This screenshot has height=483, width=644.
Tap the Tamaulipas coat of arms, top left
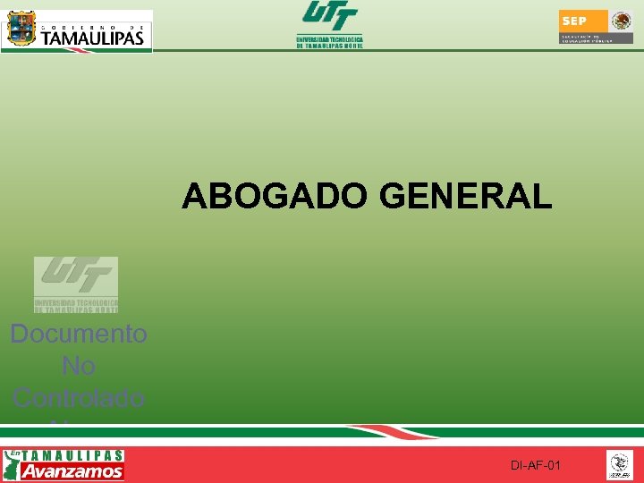21,30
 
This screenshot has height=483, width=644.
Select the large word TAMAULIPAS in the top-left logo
92,38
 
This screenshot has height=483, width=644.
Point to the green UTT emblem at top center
329,16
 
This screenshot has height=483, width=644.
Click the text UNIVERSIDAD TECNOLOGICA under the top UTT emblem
329,39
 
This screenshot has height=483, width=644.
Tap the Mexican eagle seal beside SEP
621,21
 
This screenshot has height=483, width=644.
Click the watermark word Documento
79,335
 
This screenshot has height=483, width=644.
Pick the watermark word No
79,366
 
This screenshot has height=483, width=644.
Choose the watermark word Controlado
79,397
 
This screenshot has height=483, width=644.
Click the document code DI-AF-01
536,466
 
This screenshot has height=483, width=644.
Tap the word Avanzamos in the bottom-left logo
72,471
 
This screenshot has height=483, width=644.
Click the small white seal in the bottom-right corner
619,464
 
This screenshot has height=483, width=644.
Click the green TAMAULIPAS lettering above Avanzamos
73,455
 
